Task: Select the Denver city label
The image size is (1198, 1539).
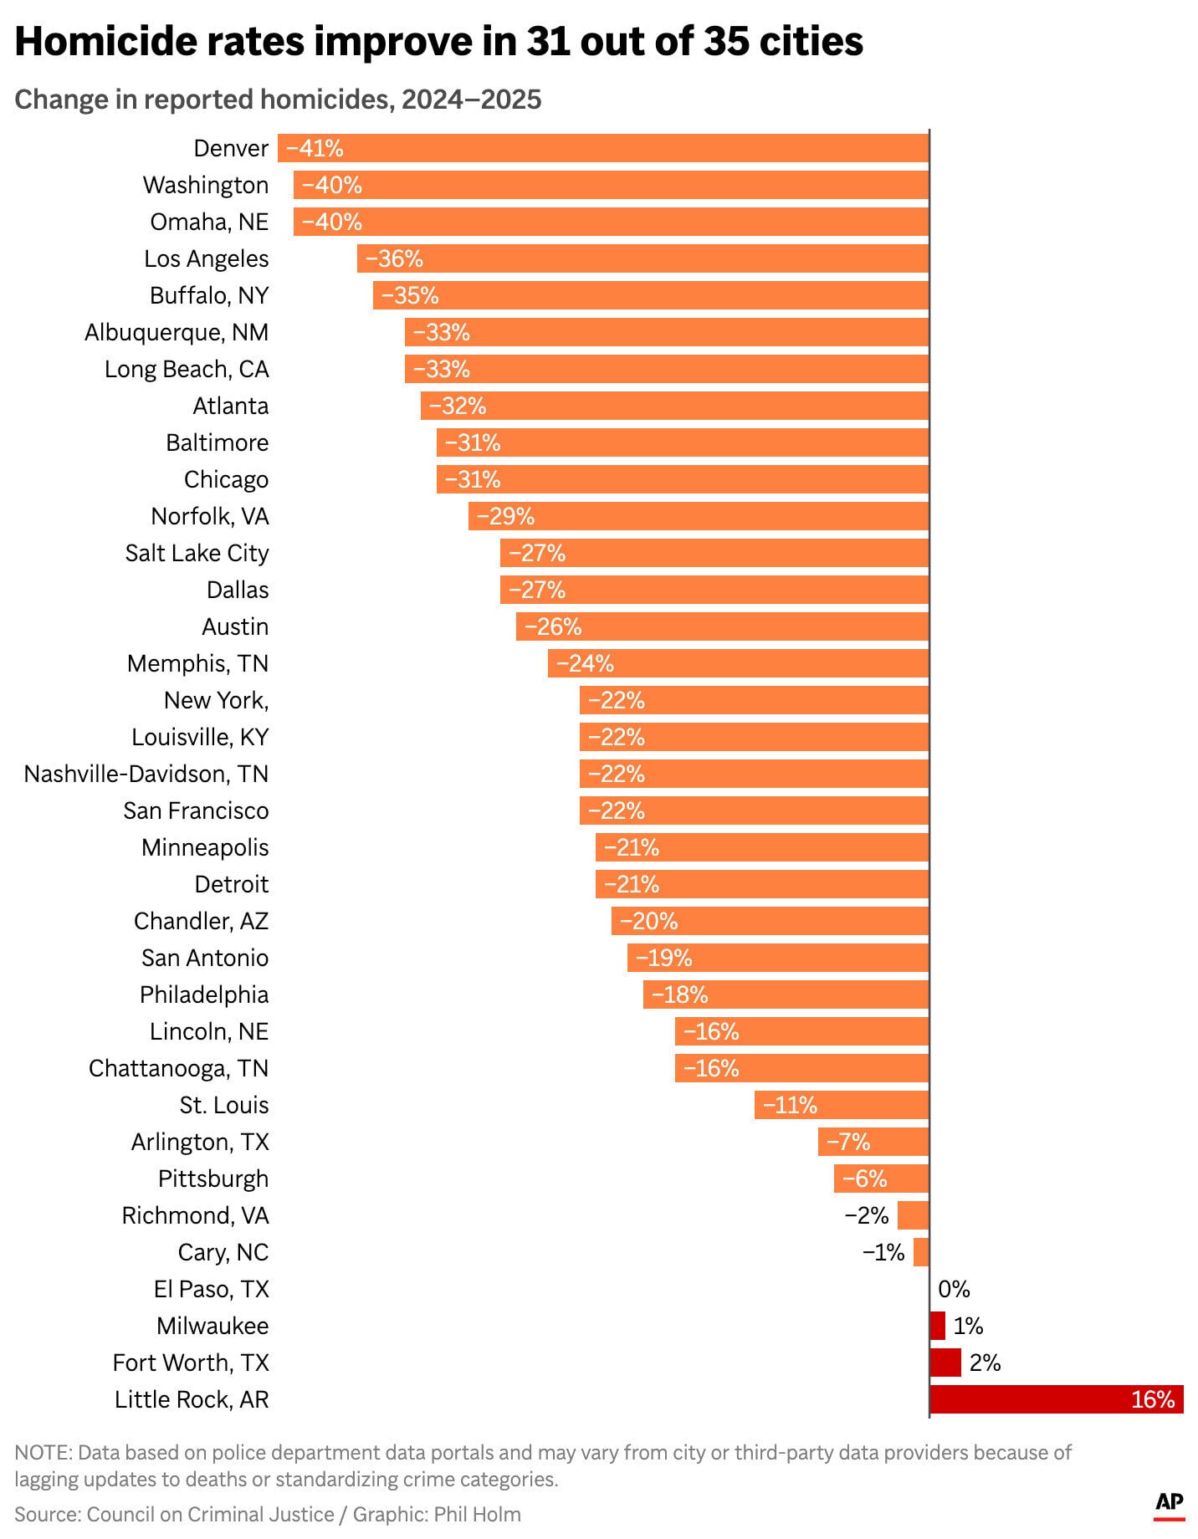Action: point(231,148)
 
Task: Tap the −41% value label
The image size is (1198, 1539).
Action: point(315,148)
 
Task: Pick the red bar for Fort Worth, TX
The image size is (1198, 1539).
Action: point(945,1363)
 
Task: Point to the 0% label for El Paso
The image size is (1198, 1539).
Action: point(954,1289)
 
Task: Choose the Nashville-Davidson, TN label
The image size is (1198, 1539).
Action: point(146,774)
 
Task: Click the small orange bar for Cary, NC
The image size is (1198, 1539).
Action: point(921,1252)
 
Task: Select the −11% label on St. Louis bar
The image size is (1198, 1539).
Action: point(790,1105)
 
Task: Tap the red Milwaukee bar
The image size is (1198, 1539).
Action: point(938,1326)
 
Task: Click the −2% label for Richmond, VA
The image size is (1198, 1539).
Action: point(866,1215)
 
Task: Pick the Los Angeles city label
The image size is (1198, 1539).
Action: point(206,258)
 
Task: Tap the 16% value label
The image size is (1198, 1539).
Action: point(1153,1399)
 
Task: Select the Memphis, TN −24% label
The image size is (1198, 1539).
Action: point(585,663)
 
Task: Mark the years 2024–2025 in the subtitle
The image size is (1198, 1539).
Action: point(471,100)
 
